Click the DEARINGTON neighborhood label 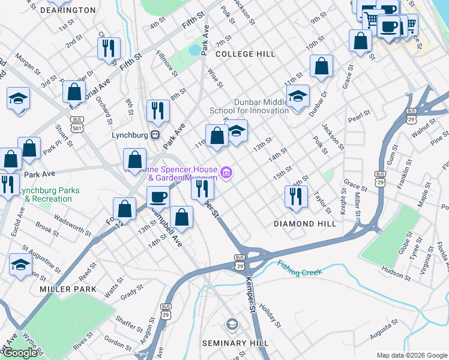(x=68, y=10)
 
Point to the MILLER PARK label (x=59, y=289)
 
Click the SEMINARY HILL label (x=232, y=343)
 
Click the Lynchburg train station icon (x=155, y=135)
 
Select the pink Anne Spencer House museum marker (x=226, y=173)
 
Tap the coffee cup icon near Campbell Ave (x=158, y=196)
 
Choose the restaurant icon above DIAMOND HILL (x=296, y=196)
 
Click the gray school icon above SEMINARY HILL (x=232, y=325)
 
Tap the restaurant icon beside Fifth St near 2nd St (x=109, y=48)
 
